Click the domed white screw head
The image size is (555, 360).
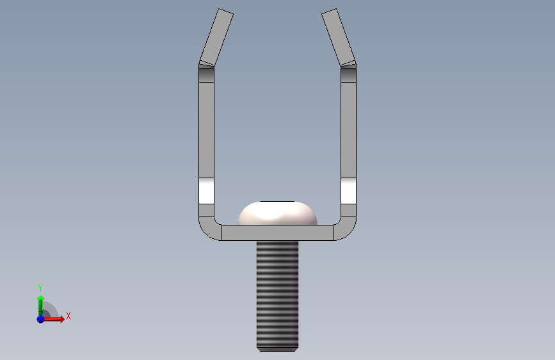coord(277,213)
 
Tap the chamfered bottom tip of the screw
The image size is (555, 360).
coord(278,350)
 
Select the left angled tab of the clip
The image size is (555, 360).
coord(216,37)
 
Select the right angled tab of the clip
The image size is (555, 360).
coord(339,37)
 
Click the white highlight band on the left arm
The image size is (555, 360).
coord(206,191)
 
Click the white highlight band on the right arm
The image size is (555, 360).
coord(349,191)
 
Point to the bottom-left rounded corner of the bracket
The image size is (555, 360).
coord(208,230)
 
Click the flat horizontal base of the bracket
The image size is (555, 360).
coord(278,233)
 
